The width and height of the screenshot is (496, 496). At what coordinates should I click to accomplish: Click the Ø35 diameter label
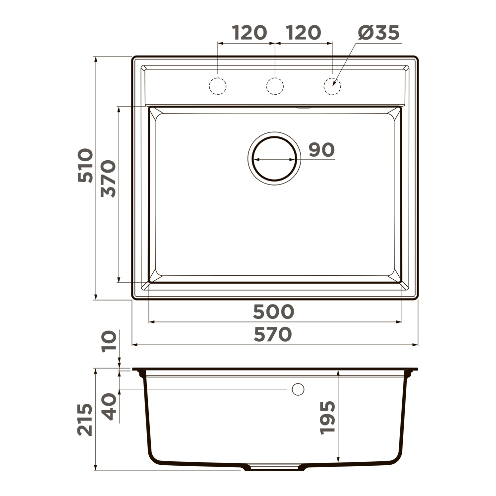(378, 33)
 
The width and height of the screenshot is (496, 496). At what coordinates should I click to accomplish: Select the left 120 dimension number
(250, 33)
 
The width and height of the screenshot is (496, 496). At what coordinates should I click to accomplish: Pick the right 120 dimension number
(304, 33)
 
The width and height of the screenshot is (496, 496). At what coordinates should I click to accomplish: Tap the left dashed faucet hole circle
(217, 86)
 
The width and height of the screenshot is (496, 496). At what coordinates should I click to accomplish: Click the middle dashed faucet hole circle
(275, 86)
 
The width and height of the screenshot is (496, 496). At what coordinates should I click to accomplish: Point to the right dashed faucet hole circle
(332, 86)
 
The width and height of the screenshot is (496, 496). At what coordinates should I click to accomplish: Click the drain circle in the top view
(274, 159)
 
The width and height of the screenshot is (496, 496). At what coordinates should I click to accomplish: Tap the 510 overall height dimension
(85, 165)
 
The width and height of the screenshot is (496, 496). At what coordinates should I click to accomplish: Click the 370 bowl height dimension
(109, 179)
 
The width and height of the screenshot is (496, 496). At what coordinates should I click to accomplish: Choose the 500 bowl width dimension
(273, 311)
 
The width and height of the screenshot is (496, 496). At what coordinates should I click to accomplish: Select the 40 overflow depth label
(109, 406)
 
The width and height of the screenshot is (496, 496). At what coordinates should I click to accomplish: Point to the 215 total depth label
(85, 420)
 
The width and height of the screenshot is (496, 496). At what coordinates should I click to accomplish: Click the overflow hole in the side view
(298, 389)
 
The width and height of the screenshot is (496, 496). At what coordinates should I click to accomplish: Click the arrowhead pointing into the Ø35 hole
(335, 84)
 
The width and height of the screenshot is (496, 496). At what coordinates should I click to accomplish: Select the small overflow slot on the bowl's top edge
(303, 106)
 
